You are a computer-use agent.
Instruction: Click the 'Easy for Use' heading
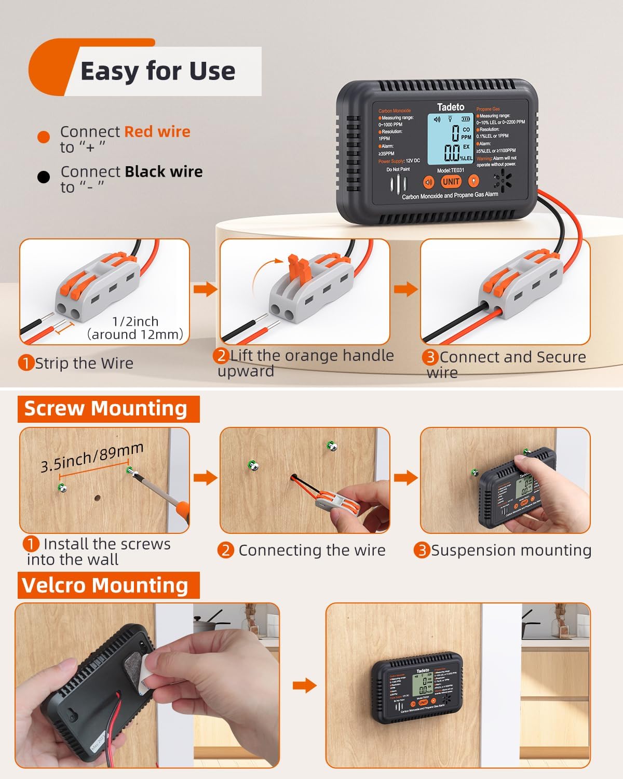coord(157,71)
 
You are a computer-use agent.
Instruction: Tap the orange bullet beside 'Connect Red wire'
coord(44,137)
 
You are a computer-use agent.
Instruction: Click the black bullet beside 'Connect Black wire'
coord(44,177)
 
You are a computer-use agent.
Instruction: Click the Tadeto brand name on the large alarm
coord(451,107)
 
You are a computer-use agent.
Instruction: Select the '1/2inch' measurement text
coord(136,321)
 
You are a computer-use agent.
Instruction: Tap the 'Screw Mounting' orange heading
coord(105,409)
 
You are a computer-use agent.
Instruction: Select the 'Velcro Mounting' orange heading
coord(105,585)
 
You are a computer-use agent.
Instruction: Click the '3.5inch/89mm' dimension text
coord(92,458)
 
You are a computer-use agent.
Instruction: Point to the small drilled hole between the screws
coord(97,498)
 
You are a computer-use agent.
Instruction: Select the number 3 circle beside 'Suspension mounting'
coord(422,550)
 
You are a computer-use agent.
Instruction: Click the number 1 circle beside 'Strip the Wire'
coord(26,363)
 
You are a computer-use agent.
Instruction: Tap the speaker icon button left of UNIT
coord(428,182)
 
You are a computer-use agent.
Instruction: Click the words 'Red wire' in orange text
coord(157,132)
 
